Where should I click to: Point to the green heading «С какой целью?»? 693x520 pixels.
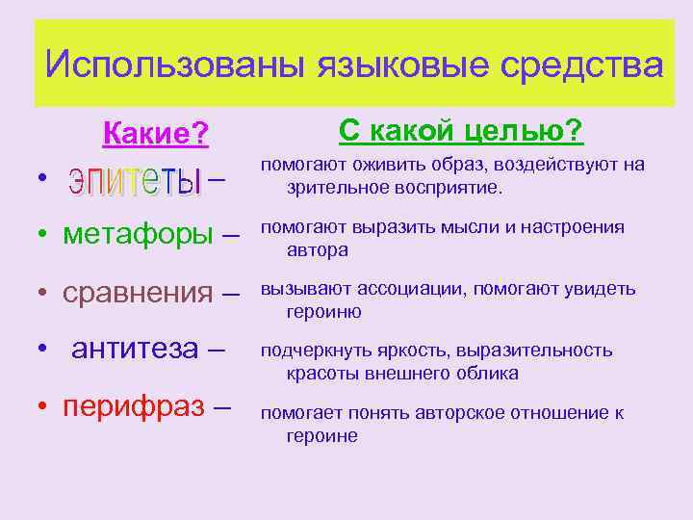coord(460,130)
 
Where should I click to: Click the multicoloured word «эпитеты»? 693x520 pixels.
coord(134,180)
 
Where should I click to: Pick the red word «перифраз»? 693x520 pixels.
coord(134,406)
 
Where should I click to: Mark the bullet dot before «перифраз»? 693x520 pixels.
coord(44,407)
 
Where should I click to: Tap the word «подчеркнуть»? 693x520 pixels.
coord(307,351)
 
